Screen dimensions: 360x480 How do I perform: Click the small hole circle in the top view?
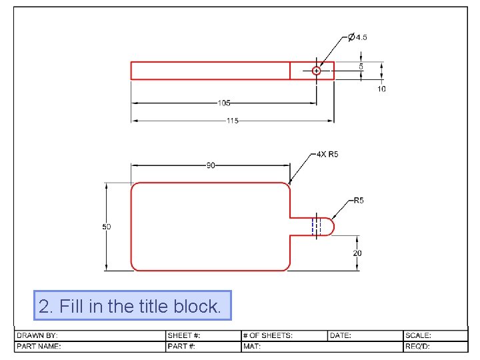(x=317, y=71)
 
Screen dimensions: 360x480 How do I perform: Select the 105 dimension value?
(x=224, y=103)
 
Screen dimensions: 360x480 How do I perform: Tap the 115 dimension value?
(x=231, y=121)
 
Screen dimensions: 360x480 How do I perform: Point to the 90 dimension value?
(x=211, y=165)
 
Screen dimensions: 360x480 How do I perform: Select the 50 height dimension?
(x=106, y=227)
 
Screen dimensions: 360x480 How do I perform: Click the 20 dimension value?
(x=358, y=253)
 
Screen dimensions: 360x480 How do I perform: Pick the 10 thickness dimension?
(x=381, y=89)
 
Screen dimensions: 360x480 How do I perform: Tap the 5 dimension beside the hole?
(x=361, y=67)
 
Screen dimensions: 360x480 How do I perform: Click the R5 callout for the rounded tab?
(x=359, y=200)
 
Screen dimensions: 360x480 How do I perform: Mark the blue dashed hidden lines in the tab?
(x=317, y=227)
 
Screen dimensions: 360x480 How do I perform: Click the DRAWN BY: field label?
(x=37, y=335)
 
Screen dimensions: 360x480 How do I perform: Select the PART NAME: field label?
(x=39, y=346)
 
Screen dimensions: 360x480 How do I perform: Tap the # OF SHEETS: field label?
(x=268, y=335)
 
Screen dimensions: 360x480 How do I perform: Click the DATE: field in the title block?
(x=341, y=335)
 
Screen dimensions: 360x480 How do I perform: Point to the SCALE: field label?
(x=419, y=335)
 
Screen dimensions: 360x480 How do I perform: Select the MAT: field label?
(x=251, y=346)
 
